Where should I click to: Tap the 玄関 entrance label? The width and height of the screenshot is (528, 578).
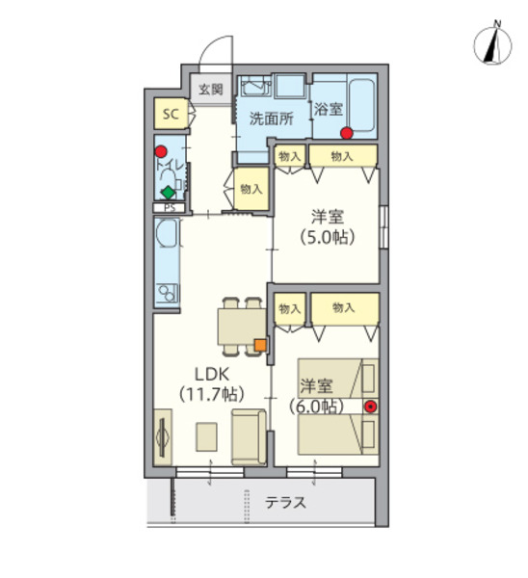point(211,89)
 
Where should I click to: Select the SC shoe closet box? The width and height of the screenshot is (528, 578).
point(171,115)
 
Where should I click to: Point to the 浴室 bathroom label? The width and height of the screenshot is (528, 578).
point(328,109)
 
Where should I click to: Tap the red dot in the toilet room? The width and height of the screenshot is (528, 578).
point(162,151)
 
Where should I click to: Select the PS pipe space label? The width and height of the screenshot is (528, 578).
point(170,207)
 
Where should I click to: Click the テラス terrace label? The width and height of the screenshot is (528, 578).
point(286,502)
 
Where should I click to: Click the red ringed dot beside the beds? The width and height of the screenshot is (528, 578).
point(370,406)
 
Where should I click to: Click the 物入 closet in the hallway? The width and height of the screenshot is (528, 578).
point(251,189)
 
